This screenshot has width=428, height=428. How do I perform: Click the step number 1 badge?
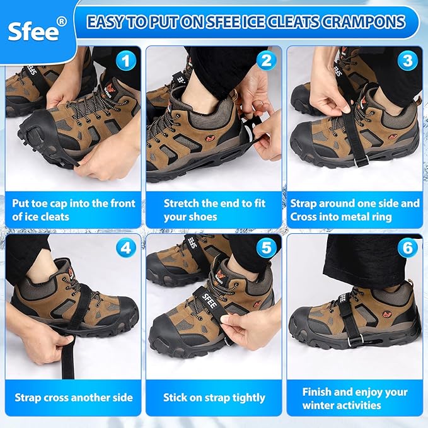pos(128,61)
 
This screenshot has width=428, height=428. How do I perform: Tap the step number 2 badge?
pos(267,61)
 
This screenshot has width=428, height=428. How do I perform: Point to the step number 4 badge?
pos(128,248)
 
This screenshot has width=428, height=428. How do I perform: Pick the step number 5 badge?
pos(267,248)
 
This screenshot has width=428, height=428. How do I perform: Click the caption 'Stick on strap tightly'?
pos(214,398)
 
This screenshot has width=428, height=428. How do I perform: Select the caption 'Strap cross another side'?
pos(74,398)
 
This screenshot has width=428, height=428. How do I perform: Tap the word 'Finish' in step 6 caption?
pos(318,391)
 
